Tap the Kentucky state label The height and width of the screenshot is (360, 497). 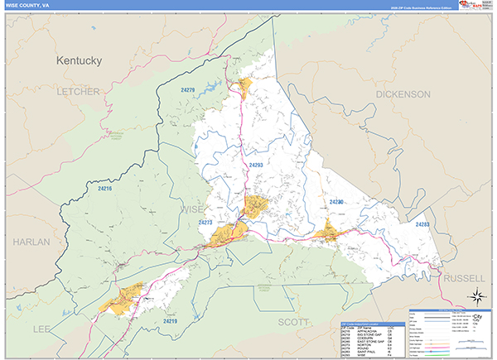point(79,61)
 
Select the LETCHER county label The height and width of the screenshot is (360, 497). point(79,91)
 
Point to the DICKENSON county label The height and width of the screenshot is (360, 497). point(403,95)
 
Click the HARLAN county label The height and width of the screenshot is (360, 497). point(31,242)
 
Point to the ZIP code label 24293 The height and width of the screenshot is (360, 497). point(255,166)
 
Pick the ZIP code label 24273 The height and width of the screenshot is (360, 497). point(206,223)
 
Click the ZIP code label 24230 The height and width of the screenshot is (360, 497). point(335,202)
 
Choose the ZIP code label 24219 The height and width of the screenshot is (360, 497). point(171,320)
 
